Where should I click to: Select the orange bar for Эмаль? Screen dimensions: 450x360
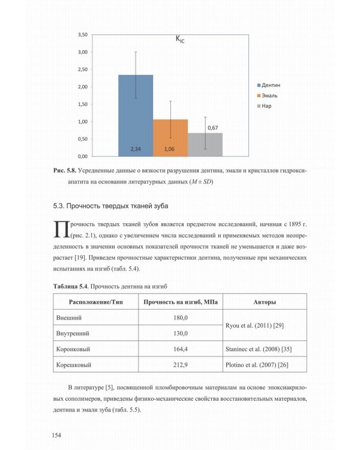(x=170, y=137)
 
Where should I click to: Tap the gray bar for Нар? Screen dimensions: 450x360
(x=205, y=145)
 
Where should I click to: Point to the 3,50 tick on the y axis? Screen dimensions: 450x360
(x=82, y=35)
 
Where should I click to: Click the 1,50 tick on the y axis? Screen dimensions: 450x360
(x=82, y=104)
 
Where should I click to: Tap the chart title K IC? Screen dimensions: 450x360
(x=180, y=40)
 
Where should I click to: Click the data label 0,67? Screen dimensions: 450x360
(x=212, y=128)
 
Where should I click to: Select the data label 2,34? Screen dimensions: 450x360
(x=136, y=148)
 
